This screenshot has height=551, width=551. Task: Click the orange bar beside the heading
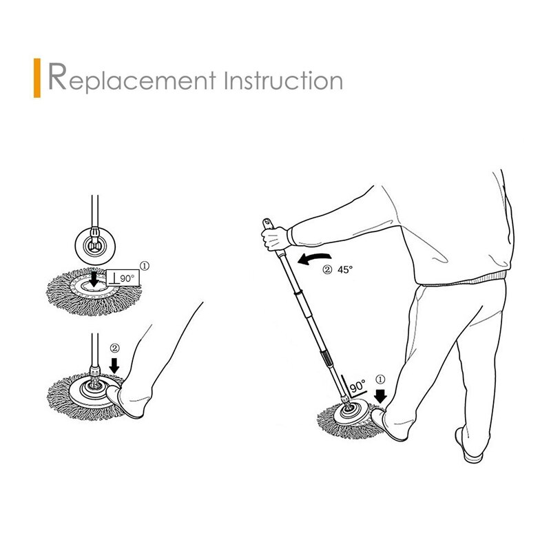[38, 79]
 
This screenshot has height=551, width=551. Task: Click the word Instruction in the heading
[284, 79]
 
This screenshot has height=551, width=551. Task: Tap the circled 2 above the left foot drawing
[115, 347]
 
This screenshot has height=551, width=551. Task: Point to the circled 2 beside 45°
[326, 270]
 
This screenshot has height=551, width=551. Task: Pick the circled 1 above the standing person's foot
[381, 379]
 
